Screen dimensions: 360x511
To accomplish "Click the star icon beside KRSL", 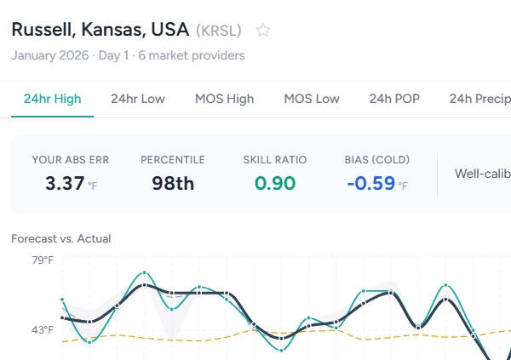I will point(263,31).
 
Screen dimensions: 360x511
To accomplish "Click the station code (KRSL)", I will point(219,31).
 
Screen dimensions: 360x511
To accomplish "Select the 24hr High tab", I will point(53,99).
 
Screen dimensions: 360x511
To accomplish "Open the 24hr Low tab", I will point(138,99).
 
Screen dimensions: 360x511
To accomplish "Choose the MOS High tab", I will point(224,99).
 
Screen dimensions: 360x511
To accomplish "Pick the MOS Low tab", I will point(312,99).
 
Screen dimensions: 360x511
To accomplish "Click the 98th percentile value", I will point(173,182).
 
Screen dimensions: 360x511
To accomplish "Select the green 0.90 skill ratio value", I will point(274,182).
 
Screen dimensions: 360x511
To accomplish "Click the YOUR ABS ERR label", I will point(71,159).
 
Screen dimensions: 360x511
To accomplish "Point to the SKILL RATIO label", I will point(274,159).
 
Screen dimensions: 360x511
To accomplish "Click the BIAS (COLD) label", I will point(377,159).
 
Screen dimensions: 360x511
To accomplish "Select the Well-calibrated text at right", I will point(482,174).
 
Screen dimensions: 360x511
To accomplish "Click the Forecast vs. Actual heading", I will point(61,238).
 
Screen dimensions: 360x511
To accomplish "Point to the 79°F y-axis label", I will point(43,260).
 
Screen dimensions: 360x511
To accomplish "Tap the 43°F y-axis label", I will point(43,329).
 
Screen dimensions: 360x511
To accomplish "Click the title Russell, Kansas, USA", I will point(100,30).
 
